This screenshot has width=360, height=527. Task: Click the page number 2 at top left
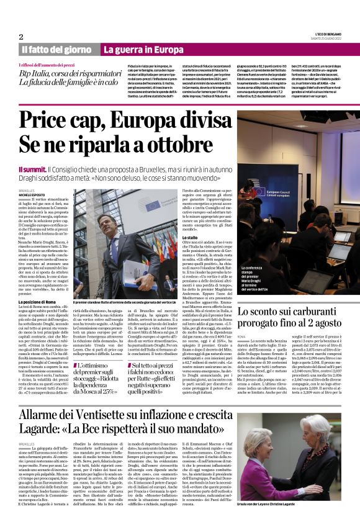pos(22,37)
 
